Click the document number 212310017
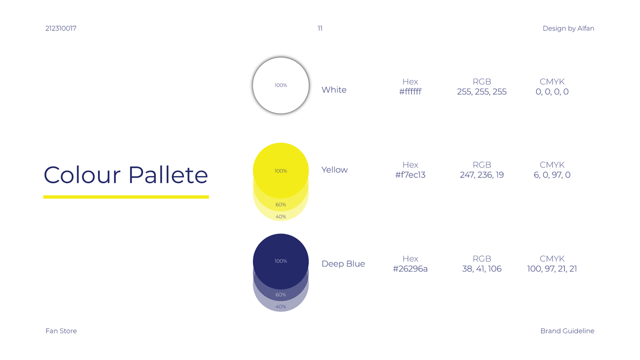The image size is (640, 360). click(61, 28)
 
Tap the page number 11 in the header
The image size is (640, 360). click(320, 28)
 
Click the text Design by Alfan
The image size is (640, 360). click(568, 28)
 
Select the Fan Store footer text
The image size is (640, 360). click(61, 331)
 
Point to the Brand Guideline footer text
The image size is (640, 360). click(567, 331)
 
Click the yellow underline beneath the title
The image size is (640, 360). click(126, 197)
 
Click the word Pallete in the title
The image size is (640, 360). click(168, 174)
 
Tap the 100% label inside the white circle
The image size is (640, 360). click(280, 85)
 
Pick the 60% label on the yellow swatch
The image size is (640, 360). click(280, 204)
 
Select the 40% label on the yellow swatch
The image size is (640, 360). click(280, 216)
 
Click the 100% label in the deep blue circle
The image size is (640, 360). click(280, 261)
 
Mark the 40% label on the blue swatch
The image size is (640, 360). click(280, 306)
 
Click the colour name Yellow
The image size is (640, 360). click(334, 169)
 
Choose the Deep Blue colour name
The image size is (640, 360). click(343, 263)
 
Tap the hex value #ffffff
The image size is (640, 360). click(410, 91)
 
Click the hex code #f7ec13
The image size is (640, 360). click(410, 174)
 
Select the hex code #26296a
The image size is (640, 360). click(410, 268)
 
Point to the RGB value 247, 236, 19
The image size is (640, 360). click(481, 174)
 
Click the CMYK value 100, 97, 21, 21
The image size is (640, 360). click(552, 268)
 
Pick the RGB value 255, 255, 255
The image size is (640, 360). click(481, 91)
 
